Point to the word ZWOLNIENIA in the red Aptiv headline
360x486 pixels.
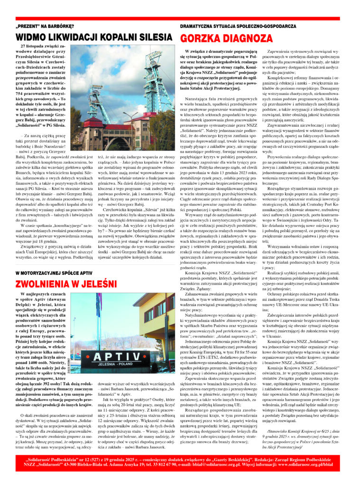pos(49,284)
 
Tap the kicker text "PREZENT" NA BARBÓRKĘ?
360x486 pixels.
pos(42,26)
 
